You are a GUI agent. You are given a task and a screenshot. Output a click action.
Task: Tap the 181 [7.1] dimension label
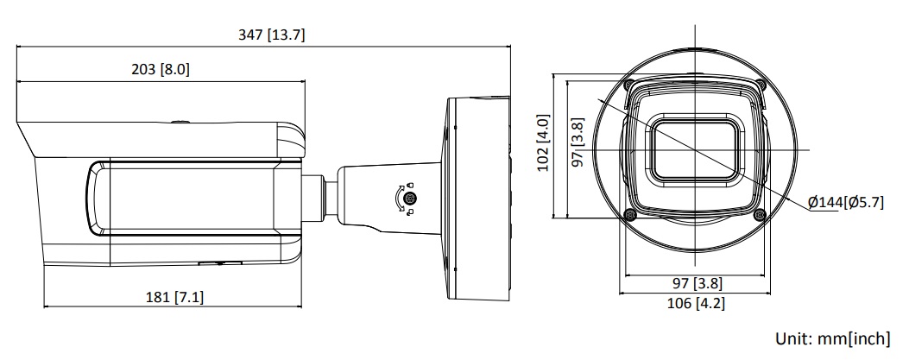coord(175,297)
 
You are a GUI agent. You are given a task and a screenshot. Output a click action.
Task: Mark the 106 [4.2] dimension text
coord(696,303)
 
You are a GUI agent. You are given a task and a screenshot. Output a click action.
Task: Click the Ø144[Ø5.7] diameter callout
coord(845,202)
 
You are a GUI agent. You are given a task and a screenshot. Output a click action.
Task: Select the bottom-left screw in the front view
coord(631,214)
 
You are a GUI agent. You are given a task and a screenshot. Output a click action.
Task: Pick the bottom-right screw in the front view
coord(758,214)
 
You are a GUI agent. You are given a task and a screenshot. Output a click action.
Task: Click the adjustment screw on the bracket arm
coord(411,199)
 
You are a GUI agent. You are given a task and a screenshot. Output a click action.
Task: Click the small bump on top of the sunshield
coord(179,121)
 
